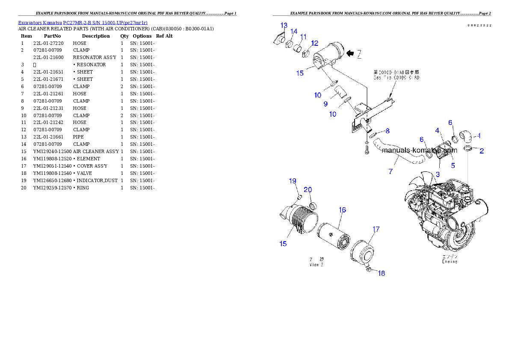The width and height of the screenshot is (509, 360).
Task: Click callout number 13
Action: (x=284, y=25)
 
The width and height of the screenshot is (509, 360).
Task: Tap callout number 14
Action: (x=294, y=32)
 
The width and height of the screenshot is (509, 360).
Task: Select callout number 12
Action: (x=314, y=43)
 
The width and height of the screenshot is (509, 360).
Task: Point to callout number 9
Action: (x=326, y=104)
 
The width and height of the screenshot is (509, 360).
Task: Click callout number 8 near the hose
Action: (x=387, y=130)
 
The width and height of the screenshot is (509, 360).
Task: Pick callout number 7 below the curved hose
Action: (x=391, y=171)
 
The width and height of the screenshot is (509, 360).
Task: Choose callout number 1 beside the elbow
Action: (x=479, y=136)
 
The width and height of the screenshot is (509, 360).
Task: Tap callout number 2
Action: (x=482, y=151)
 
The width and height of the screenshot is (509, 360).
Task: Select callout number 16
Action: (x=342, y=210)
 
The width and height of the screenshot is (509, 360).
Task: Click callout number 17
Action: (x=376, y=229)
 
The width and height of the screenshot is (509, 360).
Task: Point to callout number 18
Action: (x=381, y=273)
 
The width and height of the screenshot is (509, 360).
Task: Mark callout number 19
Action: (x=293, y=181)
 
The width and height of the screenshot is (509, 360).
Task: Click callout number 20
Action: (x=308, y=190)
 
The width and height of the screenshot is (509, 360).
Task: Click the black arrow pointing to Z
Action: (x=350, y=53)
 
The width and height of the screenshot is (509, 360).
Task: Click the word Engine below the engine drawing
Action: (x=450, y=261)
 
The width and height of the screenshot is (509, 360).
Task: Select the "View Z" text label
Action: (x=317, y=265)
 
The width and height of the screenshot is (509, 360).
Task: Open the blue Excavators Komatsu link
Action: (x=83, y=23)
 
